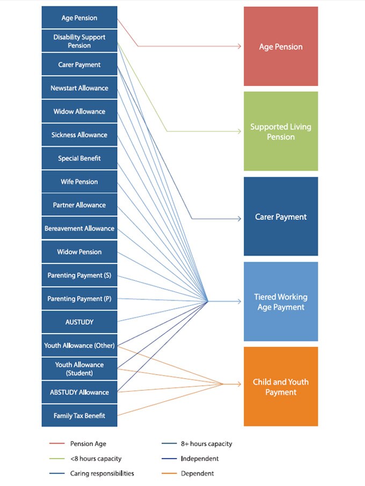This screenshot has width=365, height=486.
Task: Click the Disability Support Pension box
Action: [x=79, y=41]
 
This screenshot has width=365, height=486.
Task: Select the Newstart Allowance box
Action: [x=79, y=88]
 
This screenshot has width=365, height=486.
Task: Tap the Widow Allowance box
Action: [x=79, y=112]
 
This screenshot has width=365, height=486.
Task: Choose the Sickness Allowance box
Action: [x=79, y=135]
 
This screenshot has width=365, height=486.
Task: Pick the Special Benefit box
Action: [x=79, y=158]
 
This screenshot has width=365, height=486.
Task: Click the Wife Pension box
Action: [x=79, y=182]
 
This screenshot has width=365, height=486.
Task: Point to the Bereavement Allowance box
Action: [x=79, y=229]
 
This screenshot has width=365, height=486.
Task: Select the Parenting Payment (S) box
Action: [x=79, y=275]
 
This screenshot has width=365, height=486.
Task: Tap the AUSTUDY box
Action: [x=79, y=322]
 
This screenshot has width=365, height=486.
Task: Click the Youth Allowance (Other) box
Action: [x=79, y=345]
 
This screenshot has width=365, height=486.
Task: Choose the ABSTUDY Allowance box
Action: [x=79, y=392]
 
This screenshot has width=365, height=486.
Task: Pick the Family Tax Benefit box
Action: [x=79, y=416]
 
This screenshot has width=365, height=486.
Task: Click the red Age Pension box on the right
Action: [x=281, y=47]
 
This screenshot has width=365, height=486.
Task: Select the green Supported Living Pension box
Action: [x=281, y=132]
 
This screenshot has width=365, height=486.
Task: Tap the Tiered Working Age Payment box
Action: [x=281, y=302]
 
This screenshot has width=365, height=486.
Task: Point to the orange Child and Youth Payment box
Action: [x=281, y=387]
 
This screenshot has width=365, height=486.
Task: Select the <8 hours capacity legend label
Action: [x=96, y=459]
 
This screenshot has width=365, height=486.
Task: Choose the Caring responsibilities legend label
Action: [x=102, y=474]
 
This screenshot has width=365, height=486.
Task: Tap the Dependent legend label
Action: [x=197, y=474]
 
